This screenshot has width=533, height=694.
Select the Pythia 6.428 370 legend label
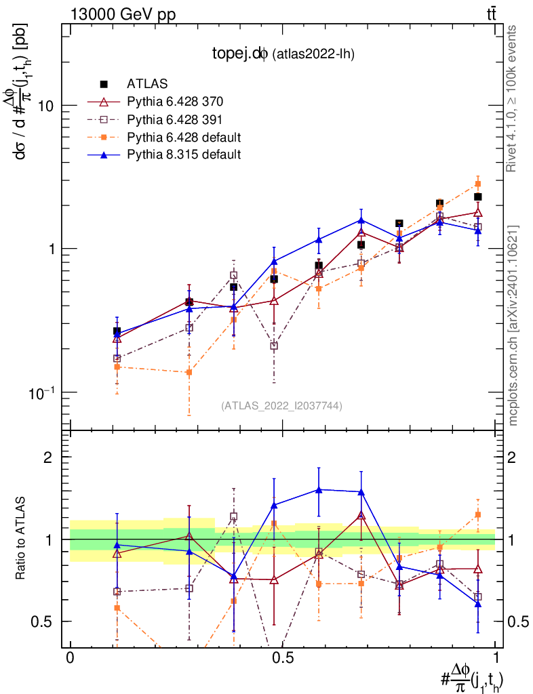pos(174,102)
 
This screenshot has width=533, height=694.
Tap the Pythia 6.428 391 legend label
pos(174,119)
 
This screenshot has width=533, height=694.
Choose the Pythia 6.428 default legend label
pos(184,137)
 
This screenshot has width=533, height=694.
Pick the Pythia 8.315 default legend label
pos(184,155)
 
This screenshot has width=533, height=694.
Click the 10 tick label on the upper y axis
pos(46,106)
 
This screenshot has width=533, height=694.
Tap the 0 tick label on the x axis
pos(70,658)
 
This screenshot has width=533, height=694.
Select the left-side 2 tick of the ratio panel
pos(49,457)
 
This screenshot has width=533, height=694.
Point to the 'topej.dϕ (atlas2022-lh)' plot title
pos(281,54)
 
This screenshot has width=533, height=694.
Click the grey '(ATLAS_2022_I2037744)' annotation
pos(281,406)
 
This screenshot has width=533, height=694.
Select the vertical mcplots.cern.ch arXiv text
pos(513,325)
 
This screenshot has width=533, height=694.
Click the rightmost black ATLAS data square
pos(478,197)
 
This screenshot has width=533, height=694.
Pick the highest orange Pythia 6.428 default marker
pos(478,184)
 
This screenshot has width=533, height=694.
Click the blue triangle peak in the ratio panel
pos(318,489)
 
